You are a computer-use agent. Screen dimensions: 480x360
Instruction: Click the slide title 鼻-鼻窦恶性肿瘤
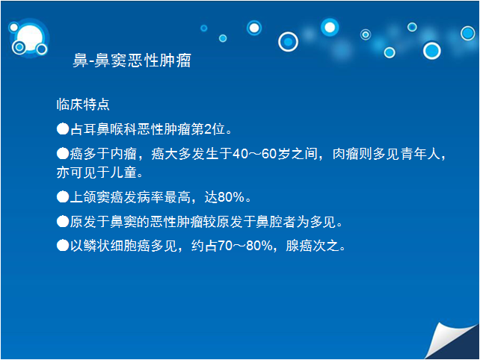pyautogui.click(x=132, y=60)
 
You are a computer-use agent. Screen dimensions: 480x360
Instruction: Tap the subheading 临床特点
pyautogui.click(x=83, y=105)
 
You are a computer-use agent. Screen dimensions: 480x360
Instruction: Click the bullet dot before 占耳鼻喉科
pyautogui.click(x=63, y=128)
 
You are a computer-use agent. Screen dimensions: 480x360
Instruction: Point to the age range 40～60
pyautogui.click(x=254, y=154)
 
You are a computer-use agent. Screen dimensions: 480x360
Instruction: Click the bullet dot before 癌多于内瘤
pyautogui.click(x=63, y=153)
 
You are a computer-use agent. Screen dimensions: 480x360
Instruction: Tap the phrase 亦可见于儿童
pyautogui.click(x=96, y=173)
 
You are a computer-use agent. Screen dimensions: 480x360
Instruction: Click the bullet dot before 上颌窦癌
pyautogui.click(x=63, y=196)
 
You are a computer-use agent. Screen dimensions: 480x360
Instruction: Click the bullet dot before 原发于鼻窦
pyautogui.click(x=63, y=221)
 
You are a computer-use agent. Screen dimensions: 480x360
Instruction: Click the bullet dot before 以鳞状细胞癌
pyautogui.click(x=63, y=245)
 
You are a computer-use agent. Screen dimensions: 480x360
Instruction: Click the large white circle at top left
pyautogui.click(x=30, y=38)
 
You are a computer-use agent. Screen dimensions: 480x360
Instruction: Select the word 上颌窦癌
pyautogui.click(x=96, y=197)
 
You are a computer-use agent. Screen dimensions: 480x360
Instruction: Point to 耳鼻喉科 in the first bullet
pyautogui.click(x=110, y=129)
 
